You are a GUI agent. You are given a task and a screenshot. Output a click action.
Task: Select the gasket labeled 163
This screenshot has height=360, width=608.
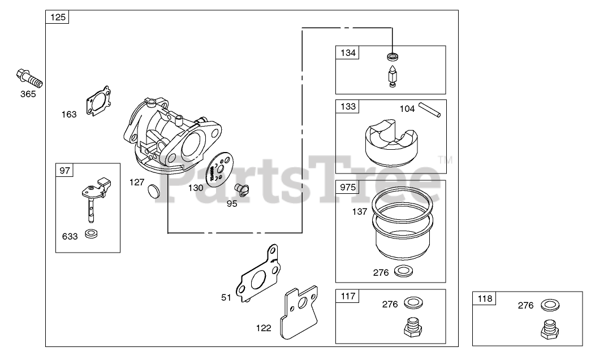point(98,101)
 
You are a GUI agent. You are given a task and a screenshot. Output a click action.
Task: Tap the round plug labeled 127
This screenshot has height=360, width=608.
point(153,190)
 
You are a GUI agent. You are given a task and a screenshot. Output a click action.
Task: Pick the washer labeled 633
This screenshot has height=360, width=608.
point(90,234)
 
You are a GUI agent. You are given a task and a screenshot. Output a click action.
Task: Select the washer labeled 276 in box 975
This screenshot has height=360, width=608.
point(402,271)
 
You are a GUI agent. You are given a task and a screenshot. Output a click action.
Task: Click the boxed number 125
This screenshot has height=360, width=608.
point(58,18)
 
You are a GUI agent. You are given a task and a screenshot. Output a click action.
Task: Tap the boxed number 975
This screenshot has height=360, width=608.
point(347,187)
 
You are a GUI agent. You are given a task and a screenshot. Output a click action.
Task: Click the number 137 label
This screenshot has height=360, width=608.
point(360,212)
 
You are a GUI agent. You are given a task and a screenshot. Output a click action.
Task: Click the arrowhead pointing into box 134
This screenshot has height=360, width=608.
point(392,50)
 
